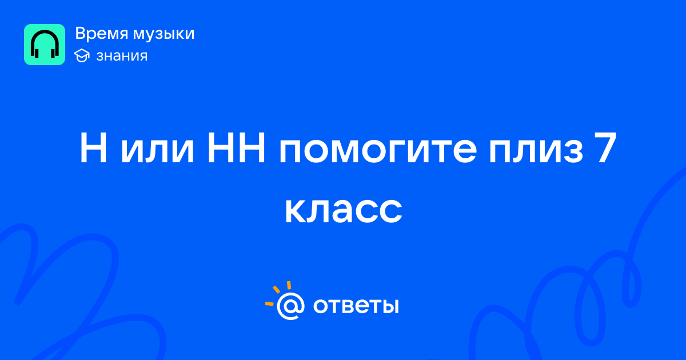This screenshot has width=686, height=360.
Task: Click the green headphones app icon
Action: coord(45,45)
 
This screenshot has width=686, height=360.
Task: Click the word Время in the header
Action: coord(102,34)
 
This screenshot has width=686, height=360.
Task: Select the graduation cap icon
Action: coord(82,56)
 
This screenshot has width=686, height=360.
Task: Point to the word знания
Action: coord(122,57)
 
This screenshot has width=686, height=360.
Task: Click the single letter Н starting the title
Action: coord(93,148)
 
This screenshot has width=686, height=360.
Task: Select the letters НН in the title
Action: coord(236,148)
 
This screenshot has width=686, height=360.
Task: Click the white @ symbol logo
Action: coord(290,306)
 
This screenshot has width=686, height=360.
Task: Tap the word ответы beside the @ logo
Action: coord(356,306)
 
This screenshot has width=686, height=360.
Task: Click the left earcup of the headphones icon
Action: coord(37,53)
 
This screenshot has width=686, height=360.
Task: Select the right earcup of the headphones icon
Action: coord(53,53)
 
